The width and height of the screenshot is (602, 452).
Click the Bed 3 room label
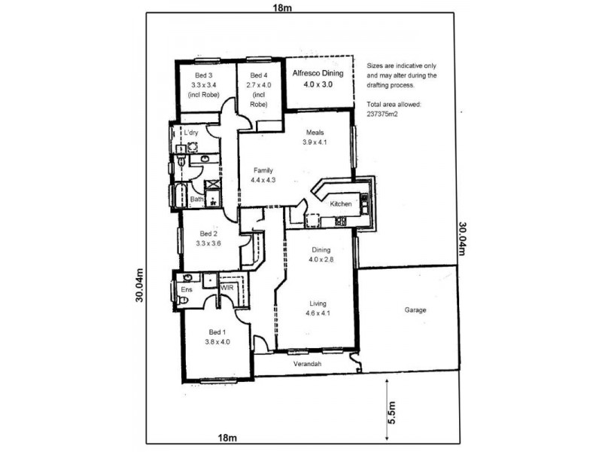click(x=204, y=75)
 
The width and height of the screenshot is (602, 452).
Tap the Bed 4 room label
click(x=258, y=75)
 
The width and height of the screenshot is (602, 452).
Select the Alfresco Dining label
click(x=317, y=73)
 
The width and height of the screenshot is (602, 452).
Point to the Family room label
click(x=263, y=170)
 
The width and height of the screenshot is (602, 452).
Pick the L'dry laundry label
click(x=192, y=133)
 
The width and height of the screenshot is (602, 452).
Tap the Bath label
click(x=196, y=199)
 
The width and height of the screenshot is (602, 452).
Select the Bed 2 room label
click(x=206, y=234)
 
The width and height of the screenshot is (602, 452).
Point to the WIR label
click(x=227, y=288)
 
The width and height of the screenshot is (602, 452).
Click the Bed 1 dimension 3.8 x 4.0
click(x=218, y=341)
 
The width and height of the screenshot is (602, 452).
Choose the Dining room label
click(x=321, y=250)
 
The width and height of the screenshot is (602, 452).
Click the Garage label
click(x=415, y=310)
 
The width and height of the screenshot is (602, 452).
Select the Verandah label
click(x=307, y=365)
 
